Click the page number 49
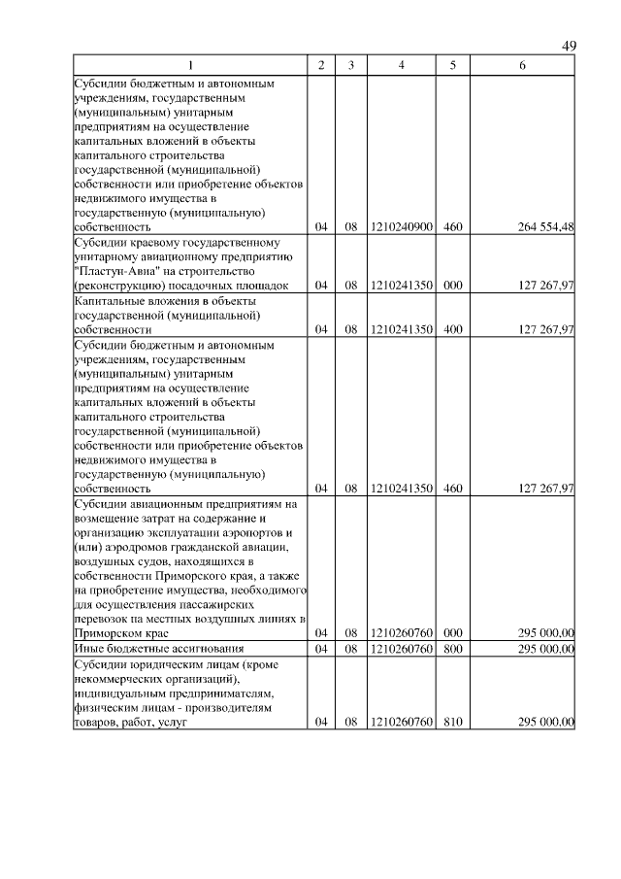(x=569, y=47)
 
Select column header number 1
(x=190, y=65)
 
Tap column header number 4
(x=401, y=65)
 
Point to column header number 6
(x=523, y=65)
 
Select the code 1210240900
(x=401, y=226)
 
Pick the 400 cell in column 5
(x=452, y=329)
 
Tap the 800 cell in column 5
(x=452, y=647)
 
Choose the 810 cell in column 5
(x=452, y=722)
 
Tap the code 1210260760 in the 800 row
(x=401, y=647)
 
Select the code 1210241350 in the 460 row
(x=401, y=488)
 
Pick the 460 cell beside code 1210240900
(x=452, y=226)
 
